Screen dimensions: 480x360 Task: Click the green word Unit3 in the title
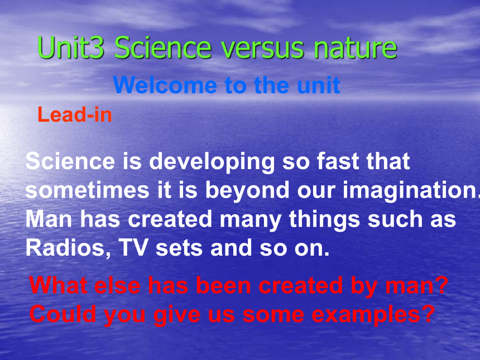pos(71,47)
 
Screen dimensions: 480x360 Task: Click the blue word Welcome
pos(165,85)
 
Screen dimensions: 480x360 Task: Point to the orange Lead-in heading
pos(75,114)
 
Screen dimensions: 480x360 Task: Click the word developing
pos(212,162)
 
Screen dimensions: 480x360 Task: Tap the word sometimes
pos(87,190)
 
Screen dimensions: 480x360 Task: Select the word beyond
pos(247,191)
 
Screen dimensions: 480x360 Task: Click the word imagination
pos(411,191)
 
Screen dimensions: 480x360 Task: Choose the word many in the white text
pos(251,220)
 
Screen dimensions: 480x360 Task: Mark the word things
pos(324,220)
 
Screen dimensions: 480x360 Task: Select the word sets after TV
pos(179,248)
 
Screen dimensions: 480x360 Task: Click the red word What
pos(58,285)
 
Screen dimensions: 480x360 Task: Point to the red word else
pos(117,285)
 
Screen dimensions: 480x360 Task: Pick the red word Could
pos(63,314)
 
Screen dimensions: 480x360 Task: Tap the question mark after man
pos(441,285)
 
